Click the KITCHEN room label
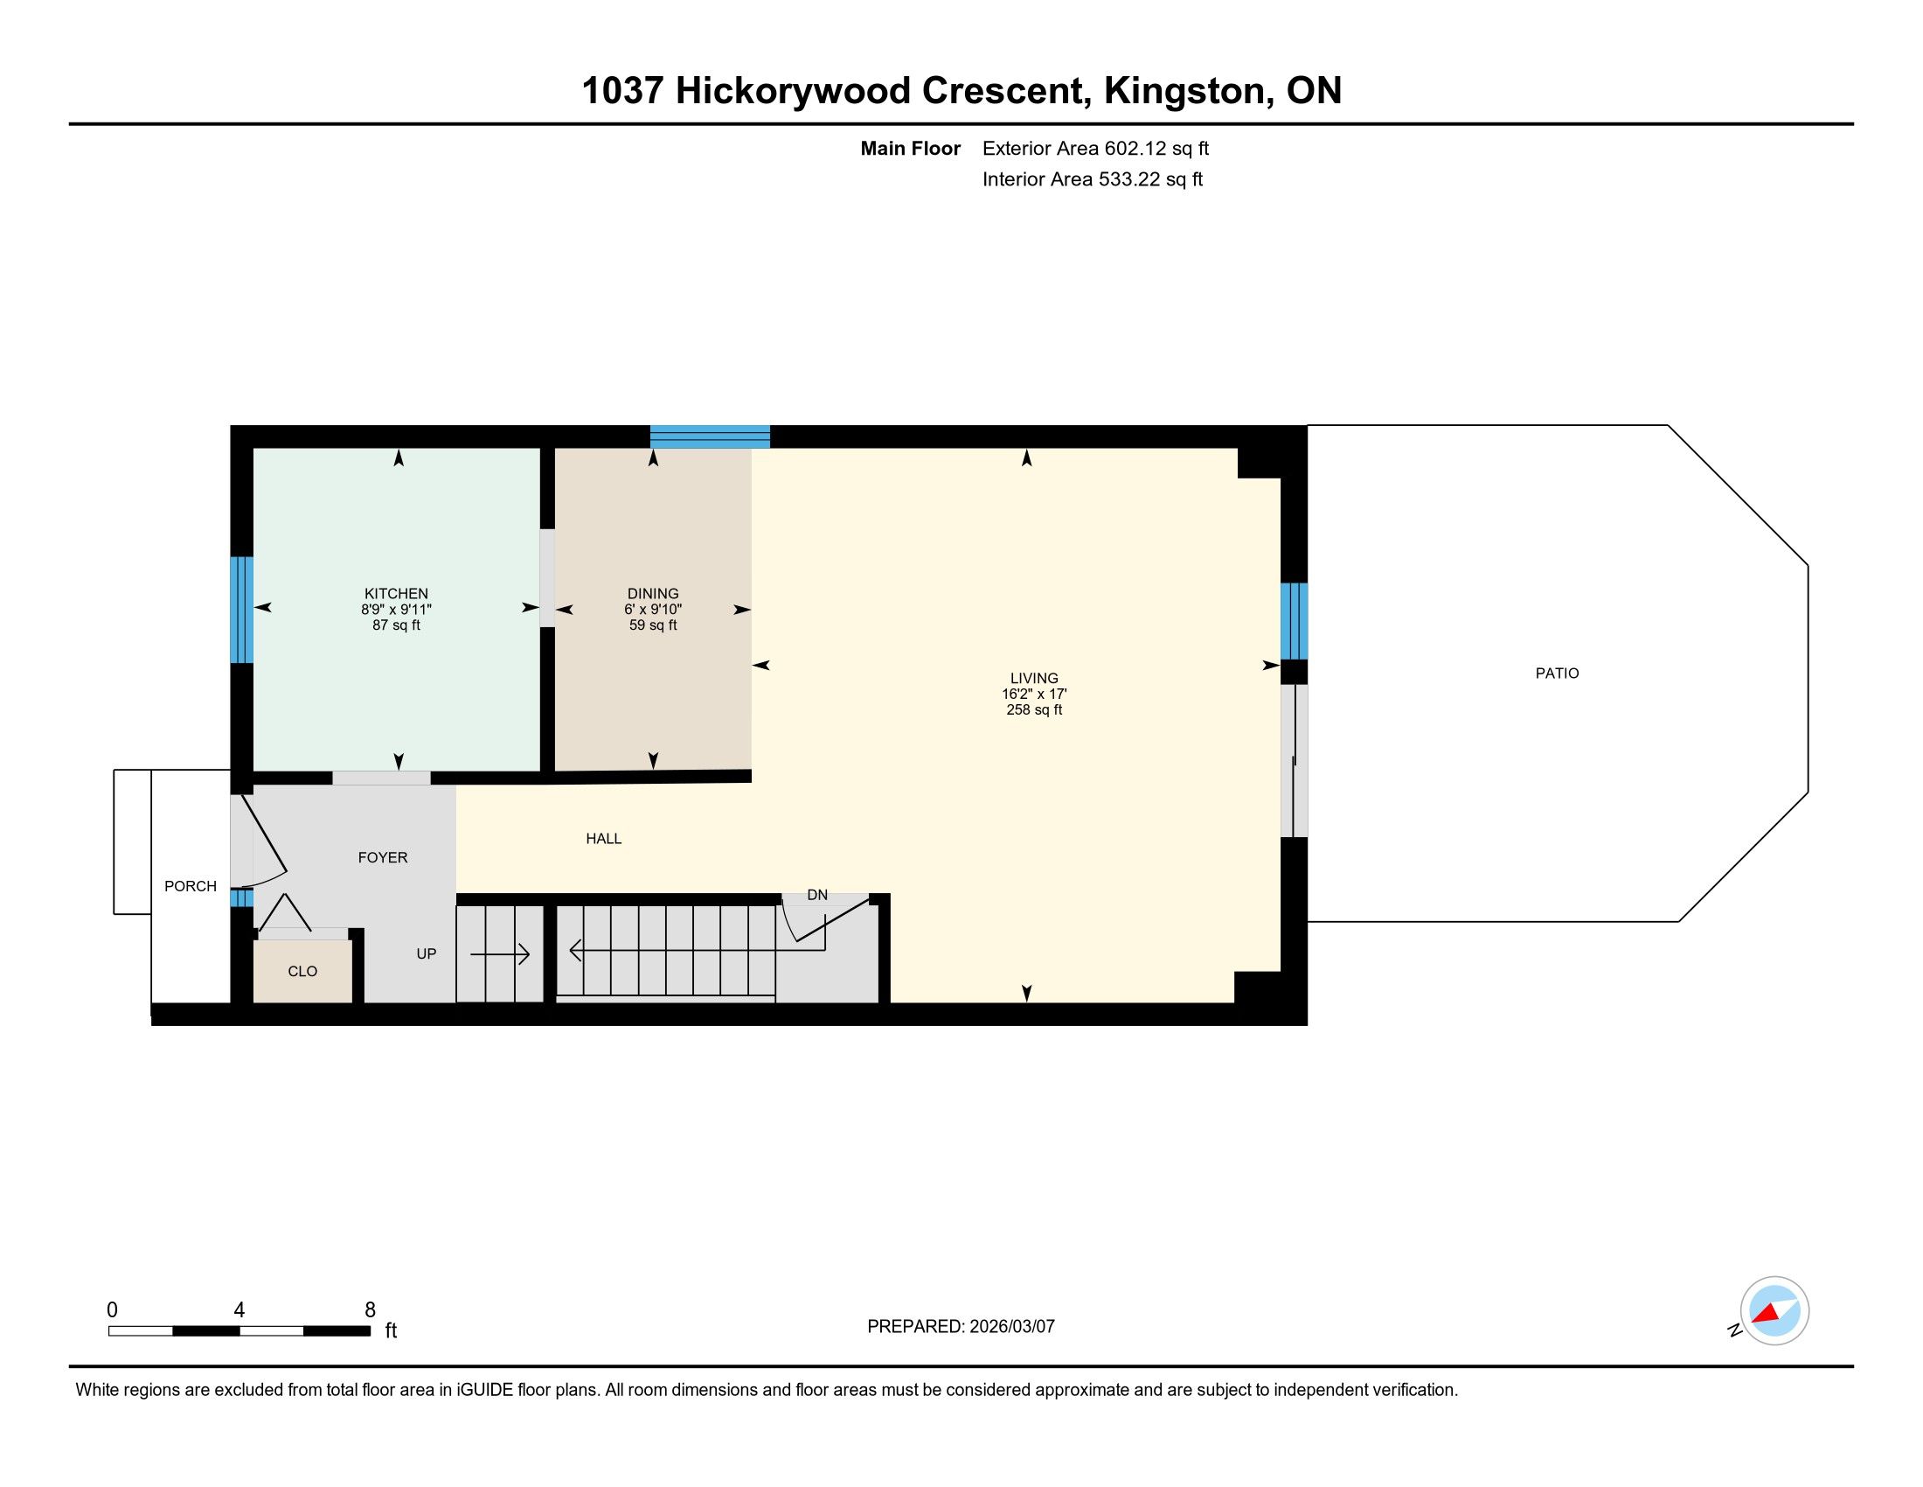point(396,594)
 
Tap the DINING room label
point(653,594)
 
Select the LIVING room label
point(1035,678)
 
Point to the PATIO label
point(1558,673)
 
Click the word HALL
point(604,839)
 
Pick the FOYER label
point(383,857)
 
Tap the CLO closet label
point(303,971)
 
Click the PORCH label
point(191,886)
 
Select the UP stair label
point(427,953)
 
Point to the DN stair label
point(817,895)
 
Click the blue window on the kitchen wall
point(241,610)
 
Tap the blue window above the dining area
point(710,437)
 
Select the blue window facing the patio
point(1294,621)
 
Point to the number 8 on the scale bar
point(370,1309)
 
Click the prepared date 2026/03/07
point(1010,1327)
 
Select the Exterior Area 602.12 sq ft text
point(1095,148)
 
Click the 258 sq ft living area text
point(1035,710)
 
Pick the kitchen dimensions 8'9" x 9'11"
point(396,610)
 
